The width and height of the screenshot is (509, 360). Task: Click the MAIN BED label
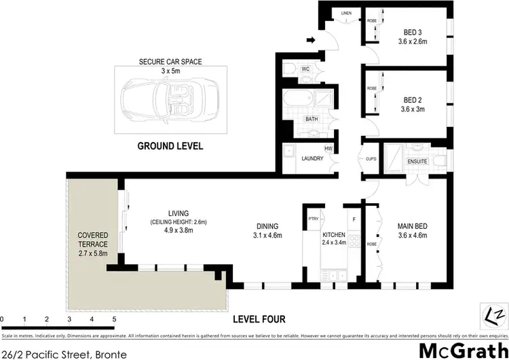(x=411, y=227)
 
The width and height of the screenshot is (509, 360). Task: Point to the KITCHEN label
(x=335, y=234)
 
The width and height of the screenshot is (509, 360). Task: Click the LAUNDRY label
(x=312, y=158)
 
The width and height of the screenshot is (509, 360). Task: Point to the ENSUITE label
(x=417, y=162)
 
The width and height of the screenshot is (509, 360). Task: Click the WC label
(x=305, y=68)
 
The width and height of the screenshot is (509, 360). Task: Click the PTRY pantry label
(x=313, y=219)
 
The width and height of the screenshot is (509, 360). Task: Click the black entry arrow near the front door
(x=310, y=41)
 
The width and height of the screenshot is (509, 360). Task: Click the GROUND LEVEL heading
(x=170, y=146)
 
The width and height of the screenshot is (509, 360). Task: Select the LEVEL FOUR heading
(x=259, y=319)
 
